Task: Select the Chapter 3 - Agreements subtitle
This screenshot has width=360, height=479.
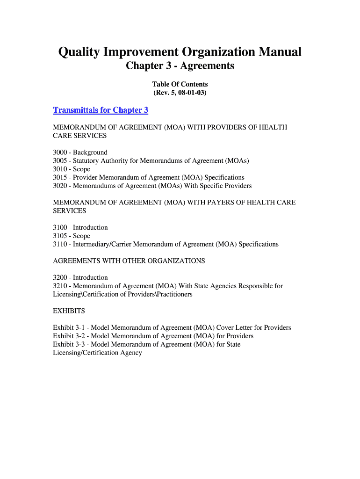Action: [180, 66]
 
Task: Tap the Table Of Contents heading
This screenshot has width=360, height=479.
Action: [180, 84]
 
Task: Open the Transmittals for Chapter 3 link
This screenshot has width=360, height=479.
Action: [101, 110]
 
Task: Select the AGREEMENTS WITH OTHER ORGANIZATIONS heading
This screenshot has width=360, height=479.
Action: [129, 261]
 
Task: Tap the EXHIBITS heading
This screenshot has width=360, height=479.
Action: [69, 311]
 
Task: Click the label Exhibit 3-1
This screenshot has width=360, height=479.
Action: [68, 328]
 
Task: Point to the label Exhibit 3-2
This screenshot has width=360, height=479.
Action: [68, 336]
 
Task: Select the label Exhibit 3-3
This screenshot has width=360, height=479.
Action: [68, 345]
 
